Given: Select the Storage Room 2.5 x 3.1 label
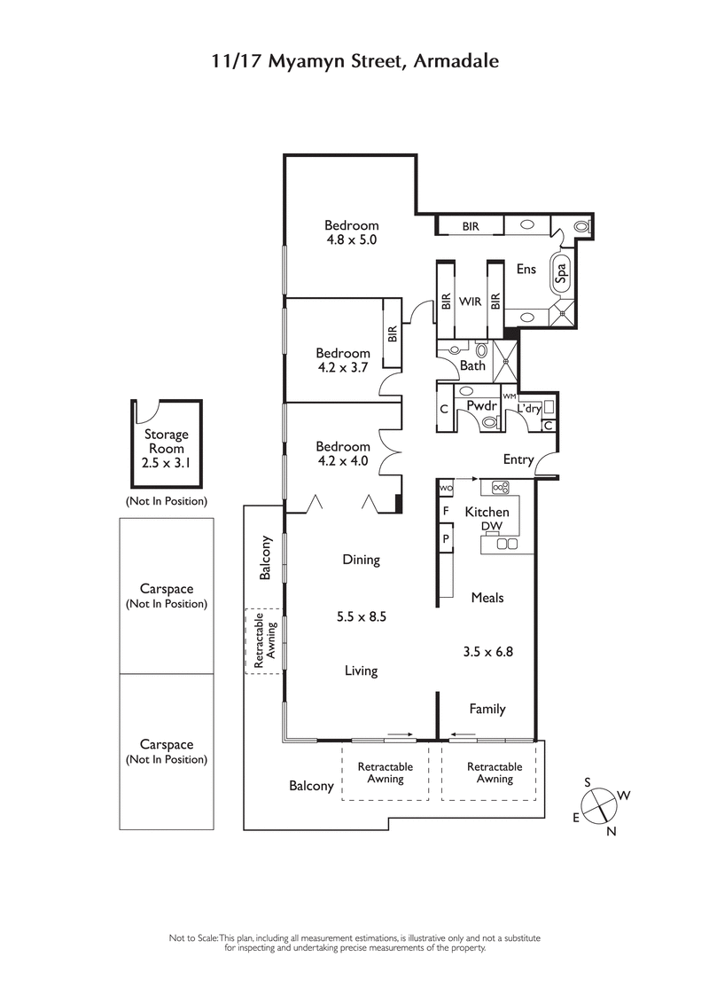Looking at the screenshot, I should tap(167, 449).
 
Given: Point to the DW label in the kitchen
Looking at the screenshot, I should tap(491, 527).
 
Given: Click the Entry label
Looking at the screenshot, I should tap(518, 459).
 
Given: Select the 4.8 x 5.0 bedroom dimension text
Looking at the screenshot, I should tap(351, 239).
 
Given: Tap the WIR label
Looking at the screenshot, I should tap(470, 302).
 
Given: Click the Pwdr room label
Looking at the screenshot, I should tap(481, 405).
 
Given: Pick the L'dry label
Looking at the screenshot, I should tap(529, 408).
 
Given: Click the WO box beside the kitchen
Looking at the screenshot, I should tap(446, 489).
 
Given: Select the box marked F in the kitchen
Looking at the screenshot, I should tap(446, 512).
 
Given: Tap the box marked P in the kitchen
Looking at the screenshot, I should tap(446, 537).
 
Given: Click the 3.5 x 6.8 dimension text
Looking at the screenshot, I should tap(487, 651).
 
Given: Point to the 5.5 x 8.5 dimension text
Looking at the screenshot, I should tap(361, 616).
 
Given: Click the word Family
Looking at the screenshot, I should tap(487, 709).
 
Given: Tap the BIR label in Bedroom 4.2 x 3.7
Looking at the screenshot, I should tap(392, 334).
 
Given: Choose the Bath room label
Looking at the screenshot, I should tap(472, 365).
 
